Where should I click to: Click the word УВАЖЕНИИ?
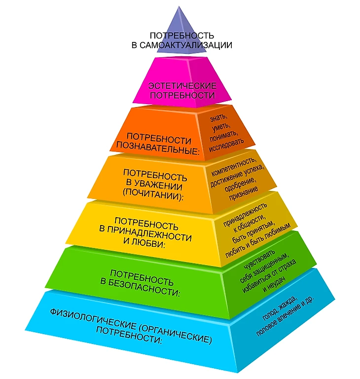pyautogui.click(x=160, y=186)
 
